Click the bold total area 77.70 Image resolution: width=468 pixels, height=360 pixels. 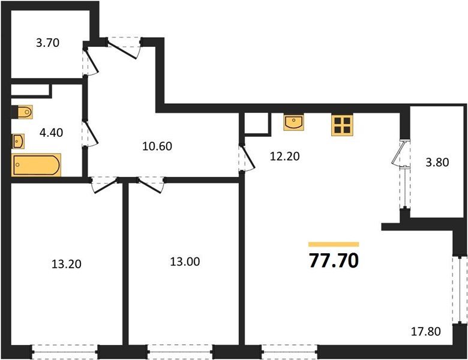pyautogui.click(x=333, y=261)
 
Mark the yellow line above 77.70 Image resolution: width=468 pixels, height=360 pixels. pyautogui.click(x=333, y=244)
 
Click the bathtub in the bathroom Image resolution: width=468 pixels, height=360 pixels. pyautogui.click(x=37, y=165)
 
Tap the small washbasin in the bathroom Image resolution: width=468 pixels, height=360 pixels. pyautogui.click(x=19, y=142)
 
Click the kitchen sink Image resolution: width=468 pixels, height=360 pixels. pyautogui.click(x=294, y=123)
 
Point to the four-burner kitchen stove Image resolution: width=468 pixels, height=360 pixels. pyautogui.click(x=343, y=125)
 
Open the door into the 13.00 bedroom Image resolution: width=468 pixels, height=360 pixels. pyautogui.click(x=150, y=185)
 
